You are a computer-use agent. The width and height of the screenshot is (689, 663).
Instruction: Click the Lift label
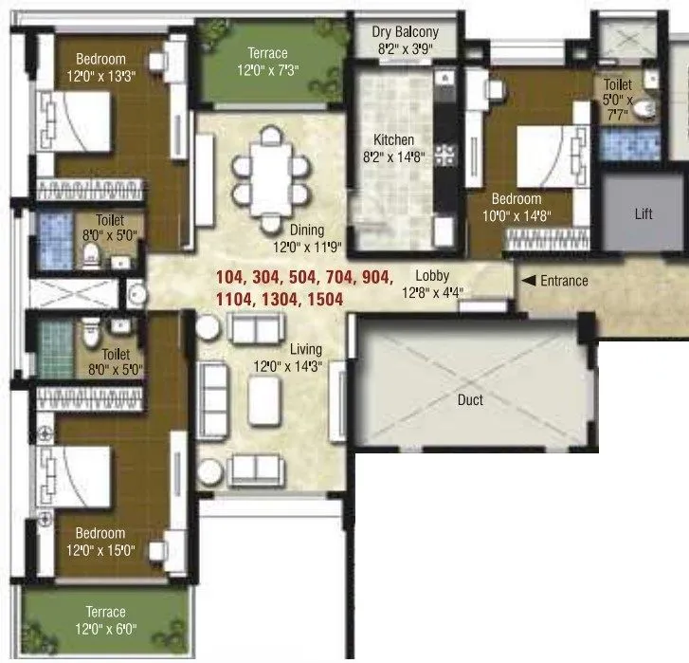tap(644, 214)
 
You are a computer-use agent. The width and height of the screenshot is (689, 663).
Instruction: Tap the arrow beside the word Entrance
tap(529, 281)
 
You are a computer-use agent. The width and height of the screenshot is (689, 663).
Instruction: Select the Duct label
tap(470, 400)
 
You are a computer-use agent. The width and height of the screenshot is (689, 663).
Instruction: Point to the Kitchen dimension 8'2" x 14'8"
tap(393, 157)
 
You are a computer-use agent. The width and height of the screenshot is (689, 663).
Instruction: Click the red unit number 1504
tap(321, 299)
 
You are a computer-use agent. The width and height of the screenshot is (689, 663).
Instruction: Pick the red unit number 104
tap(230, 278)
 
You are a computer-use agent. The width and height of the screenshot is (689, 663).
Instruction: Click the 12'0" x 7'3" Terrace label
tap(267, 69)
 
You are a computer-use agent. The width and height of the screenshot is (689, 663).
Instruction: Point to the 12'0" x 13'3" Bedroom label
tap(100, 76)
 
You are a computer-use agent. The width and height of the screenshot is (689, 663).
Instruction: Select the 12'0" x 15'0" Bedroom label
tap(100, 550)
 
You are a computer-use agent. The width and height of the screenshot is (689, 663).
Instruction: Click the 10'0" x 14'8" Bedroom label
tap(516, 215)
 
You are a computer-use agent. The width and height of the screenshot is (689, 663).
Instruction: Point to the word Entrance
tap(565, 281)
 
